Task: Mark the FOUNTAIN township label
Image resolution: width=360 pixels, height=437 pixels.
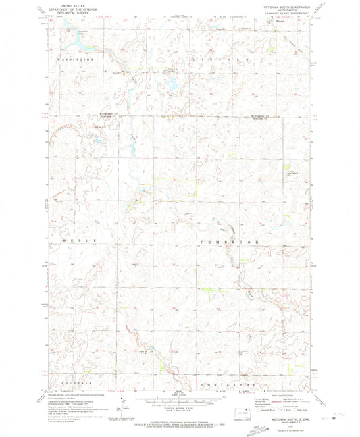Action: pyautogui.click(x=76, y=383)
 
